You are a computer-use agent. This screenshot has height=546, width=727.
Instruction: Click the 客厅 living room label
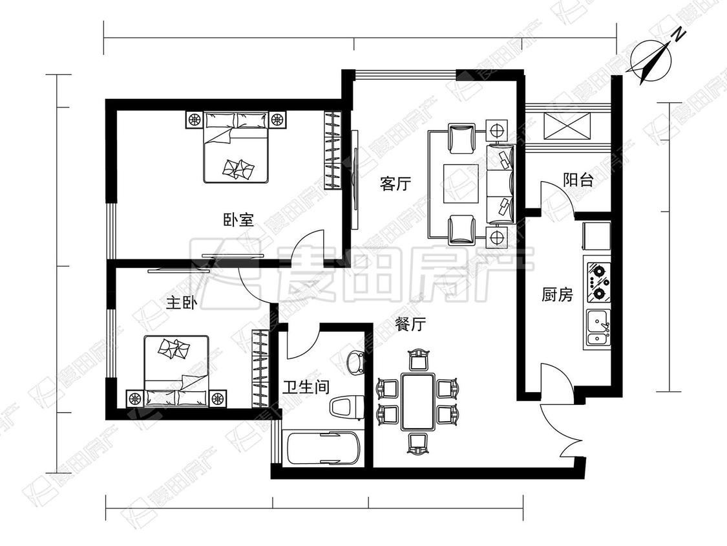point(395,183)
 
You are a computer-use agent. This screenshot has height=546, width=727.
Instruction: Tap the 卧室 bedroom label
point(238,219)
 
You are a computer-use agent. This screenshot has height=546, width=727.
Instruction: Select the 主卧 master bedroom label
point(182,303)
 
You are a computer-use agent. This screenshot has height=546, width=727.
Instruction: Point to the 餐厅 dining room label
point(410,323)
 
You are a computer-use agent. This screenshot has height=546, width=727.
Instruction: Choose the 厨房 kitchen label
point(557,294)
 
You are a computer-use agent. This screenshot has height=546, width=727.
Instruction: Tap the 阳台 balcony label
point(578,180)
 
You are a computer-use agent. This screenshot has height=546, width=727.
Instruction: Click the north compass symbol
point(651,60)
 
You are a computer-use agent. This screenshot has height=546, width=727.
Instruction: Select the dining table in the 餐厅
point(417,401)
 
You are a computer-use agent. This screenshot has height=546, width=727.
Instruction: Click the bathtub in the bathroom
point(324,449)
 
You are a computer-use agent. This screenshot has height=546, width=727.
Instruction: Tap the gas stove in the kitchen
point(598,282)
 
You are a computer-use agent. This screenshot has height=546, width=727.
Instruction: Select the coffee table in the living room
point(461,183)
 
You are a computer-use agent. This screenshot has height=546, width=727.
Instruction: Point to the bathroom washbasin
point(355,362)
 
